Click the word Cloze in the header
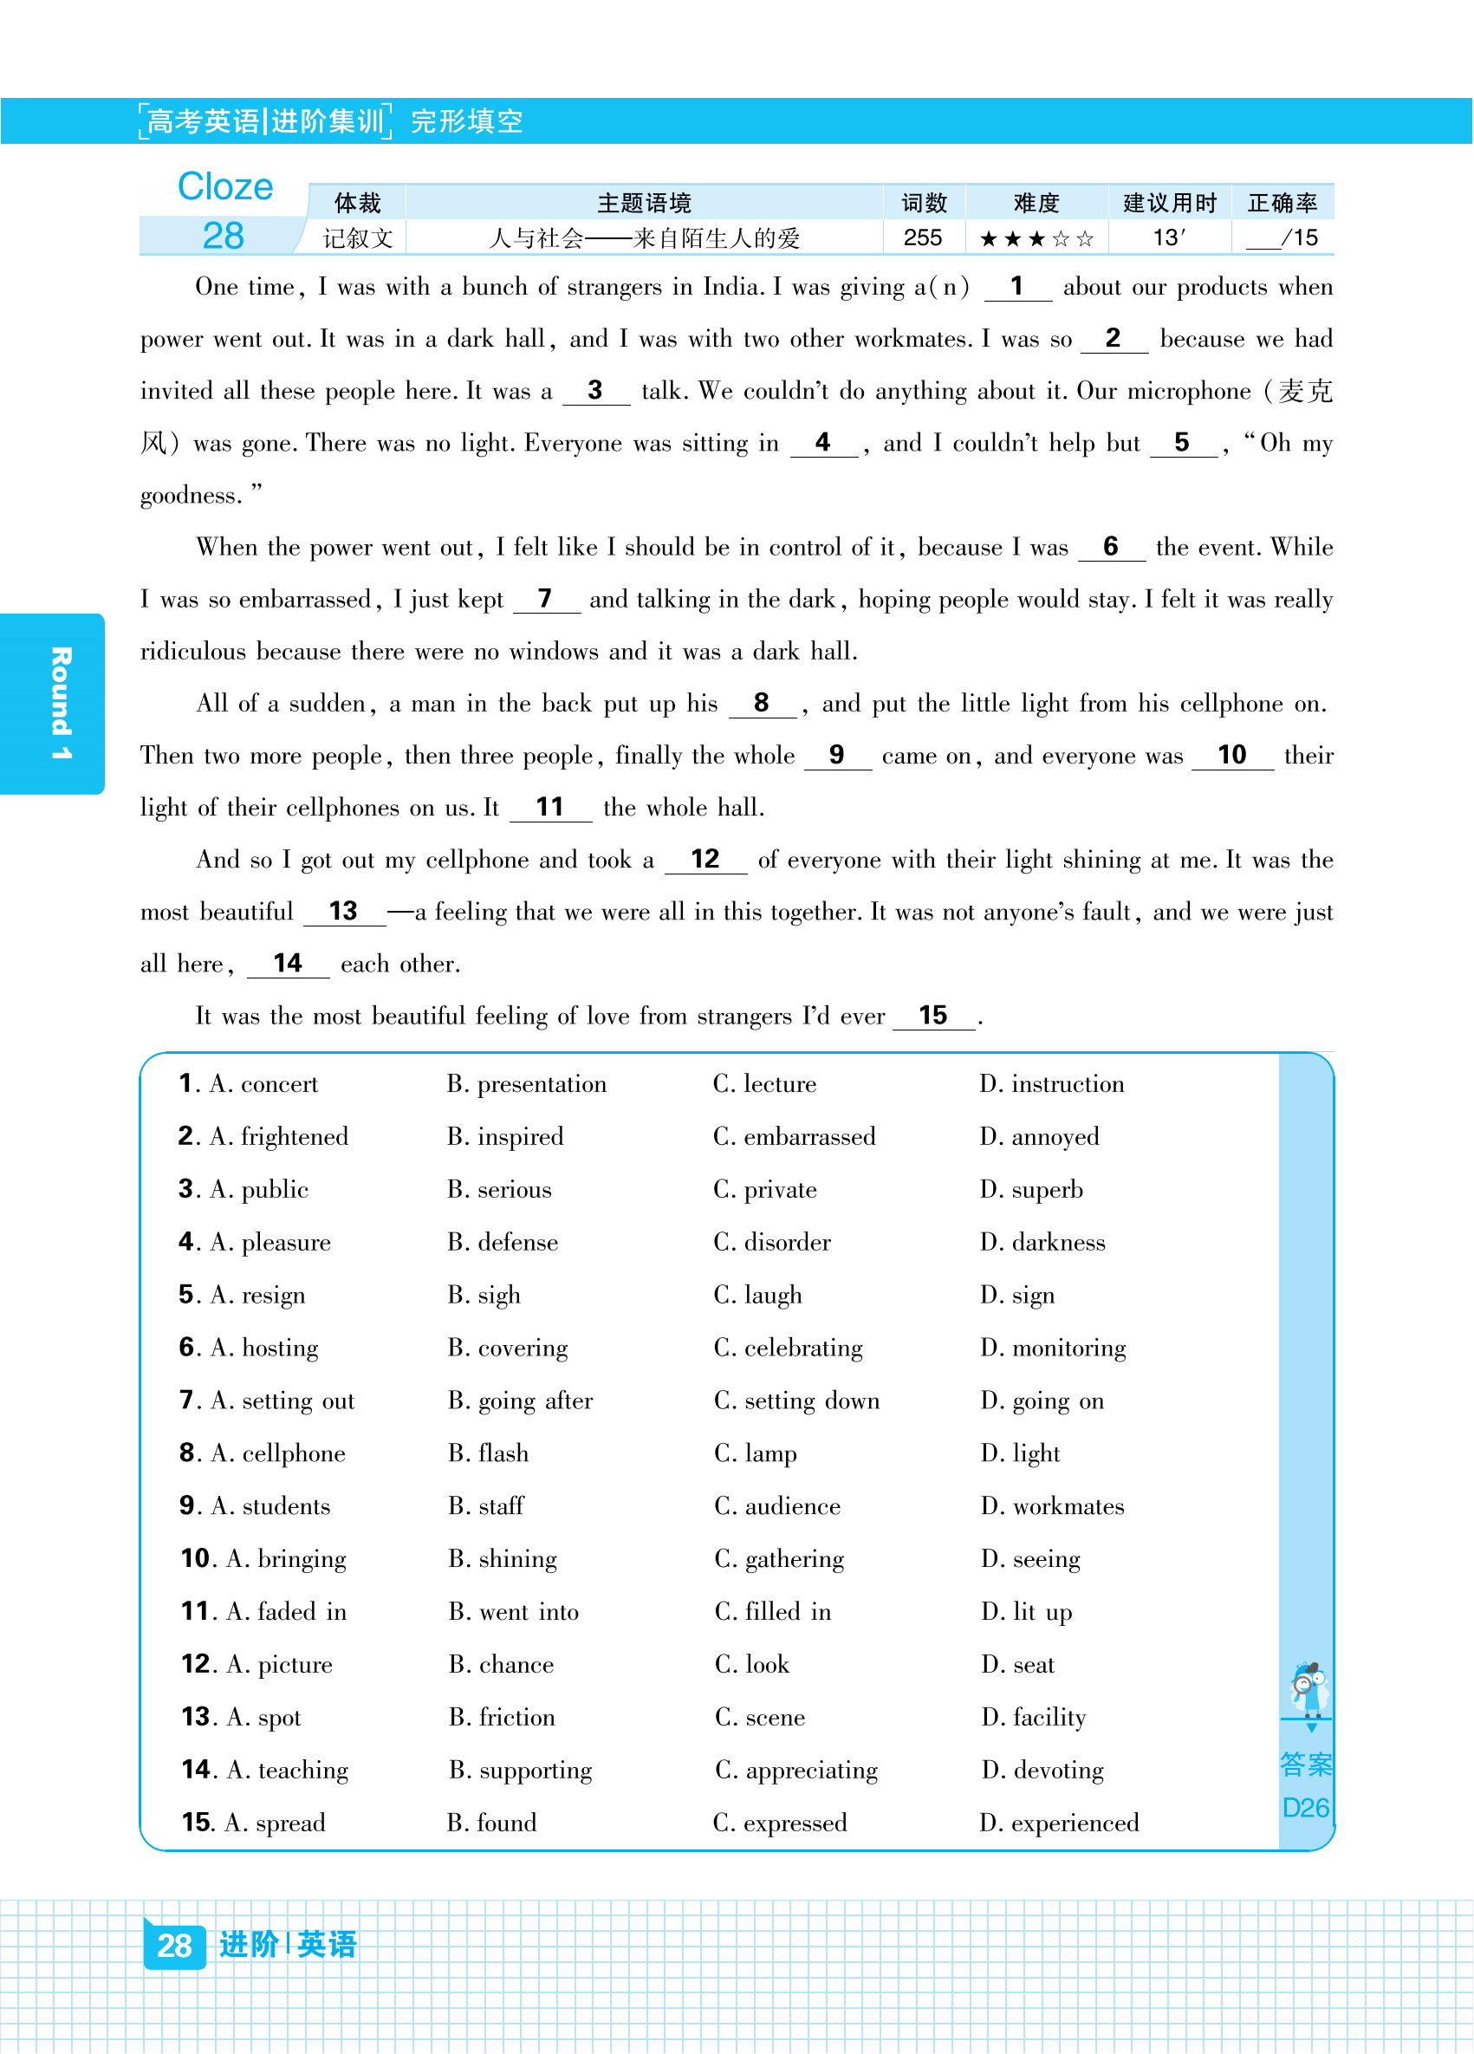pos(224,186)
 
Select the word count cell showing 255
pos(923,238)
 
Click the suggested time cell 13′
pos(1168,238)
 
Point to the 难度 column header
pos(1036,203)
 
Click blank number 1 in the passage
pos(1016,287)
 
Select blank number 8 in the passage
pos(762,704)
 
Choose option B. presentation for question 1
pos(527,1084)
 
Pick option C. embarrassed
pos(794,1136)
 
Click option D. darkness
pos(1042,1243)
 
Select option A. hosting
pos(263,1348)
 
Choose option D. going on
pos(1042,1401)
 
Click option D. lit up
pos(1027,1612)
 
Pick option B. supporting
pos(521,1770)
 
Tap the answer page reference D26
pos(1306,1808)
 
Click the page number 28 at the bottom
pos(174,1945)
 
